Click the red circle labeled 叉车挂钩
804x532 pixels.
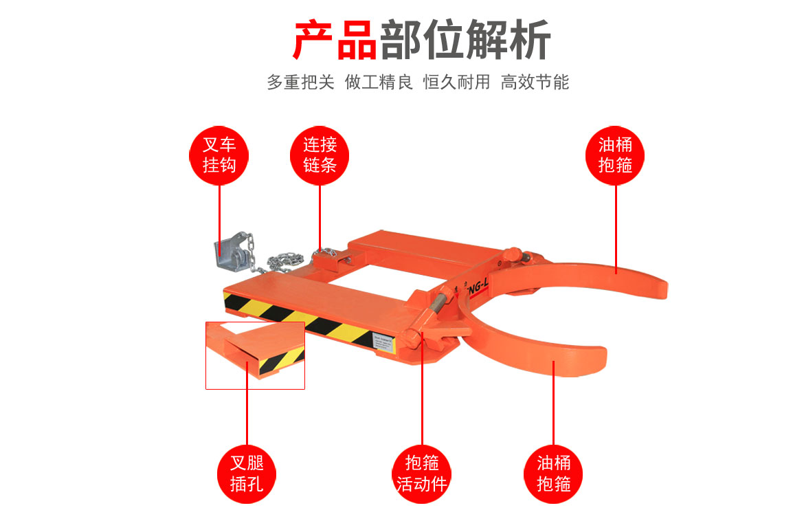pos(219,155)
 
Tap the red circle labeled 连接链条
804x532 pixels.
pos(320,155)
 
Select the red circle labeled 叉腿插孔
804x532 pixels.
pos(247,473)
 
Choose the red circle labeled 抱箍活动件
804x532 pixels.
pos(422,473)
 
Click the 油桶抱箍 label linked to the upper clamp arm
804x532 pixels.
pos(615,155)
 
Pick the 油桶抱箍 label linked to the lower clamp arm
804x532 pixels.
pos(554,473)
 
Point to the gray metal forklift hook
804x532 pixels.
pos(231,254)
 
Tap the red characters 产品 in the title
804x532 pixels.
pos(335,40)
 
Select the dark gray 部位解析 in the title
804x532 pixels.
pos(465,40)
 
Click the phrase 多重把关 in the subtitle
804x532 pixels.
pos(300,82)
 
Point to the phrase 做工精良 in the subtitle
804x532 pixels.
pos(379,82)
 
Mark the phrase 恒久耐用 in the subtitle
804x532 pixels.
pos(456,82)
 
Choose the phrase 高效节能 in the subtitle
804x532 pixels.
pos(535,82)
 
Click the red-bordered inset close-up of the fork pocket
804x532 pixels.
pos(255,355)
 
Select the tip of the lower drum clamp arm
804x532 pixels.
pos(597,359)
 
